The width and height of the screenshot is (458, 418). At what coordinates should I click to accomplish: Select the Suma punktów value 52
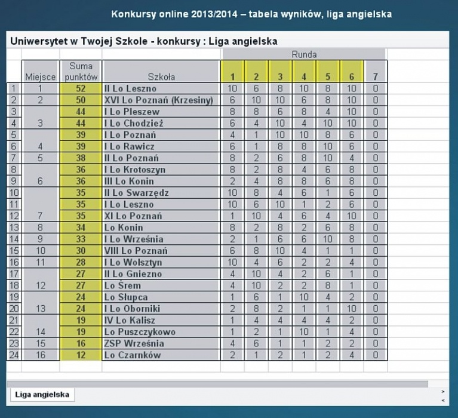81,88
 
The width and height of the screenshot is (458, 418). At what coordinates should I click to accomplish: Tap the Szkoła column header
161,77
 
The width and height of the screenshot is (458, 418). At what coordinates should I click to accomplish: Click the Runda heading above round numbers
304,54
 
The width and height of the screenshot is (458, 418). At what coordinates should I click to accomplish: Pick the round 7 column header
376,77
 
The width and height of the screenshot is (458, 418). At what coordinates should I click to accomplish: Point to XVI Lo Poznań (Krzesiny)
159,100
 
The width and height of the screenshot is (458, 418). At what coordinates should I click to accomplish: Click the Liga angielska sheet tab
42,395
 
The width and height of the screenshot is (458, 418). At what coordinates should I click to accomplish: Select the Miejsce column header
41,77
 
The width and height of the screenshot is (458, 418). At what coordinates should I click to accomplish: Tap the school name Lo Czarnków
133,355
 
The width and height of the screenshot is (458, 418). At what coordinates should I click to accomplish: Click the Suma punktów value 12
81,355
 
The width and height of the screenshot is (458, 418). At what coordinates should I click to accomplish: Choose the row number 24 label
14,355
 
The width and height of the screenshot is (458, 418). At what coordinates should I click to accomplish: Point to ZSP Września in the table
134,343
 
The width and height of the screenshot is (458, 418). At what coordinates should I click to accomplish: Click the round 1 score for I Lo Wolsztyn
232,262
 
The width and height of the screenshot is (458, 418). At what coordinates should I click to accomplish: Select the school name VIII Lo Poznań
136,251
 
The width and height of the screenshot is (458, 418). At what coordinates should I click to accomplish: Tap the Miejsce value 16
41,355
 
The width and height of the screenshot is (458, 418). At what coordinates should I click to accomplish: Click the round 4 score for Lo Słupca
304,297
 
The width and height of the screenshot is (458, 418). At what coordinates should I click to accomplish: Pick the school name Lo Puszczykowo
140,332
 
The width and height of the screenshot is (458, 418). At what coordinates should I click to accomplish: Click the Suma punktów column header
81,72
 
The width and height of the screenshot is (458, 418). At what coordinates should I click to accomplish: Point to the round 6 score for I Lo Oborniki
351,309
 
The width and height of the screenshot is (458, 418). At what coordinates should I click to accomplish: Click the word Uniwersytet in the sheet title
39,41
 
